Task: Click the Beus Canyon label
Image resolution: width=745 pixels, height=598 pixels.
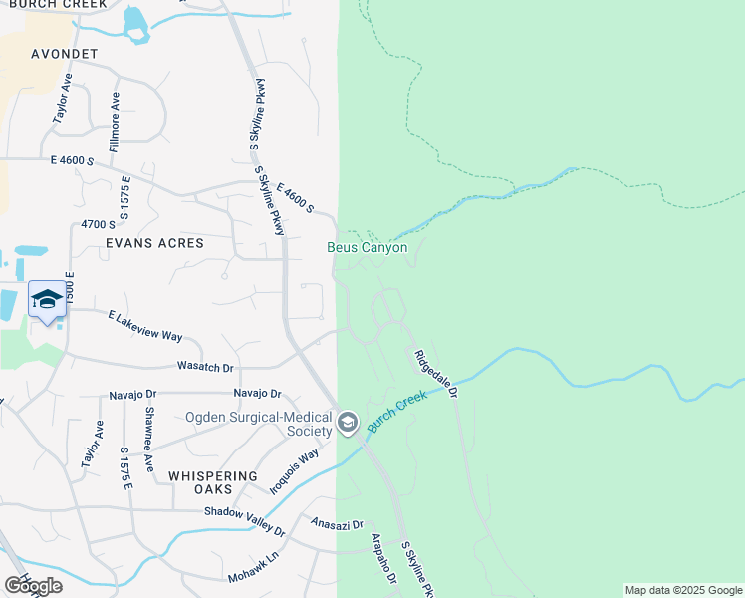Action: (x=368, y=247)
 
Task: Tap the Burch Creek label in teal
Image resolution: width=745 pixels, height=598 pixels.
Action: (x=396, y=411)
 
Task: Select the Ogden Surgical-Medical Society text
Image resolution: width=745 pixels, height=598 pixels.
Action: (x=258, y=424)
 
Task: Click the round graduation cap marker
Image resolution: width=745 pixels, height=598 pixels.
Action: (x=347, y=424)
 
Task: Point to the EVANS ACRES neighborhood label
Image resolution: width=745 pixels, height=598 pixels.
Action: (x=154, y=243)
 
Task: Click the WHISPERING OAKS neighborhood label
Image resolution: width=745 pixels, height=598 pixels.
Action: (x=214, y=482)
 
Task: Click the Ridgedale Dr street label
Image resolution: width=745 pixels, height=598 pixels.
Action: (x=436, y=375)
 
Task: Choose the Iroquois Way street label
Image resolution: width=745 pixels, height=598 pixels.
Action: (x=296, y=470)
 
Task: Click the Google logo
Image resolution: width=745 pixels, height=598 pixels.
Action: (x=33, y=585)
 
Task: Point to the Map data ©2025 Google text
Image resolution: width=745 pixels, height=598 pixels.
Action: (x=683, y=590)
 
